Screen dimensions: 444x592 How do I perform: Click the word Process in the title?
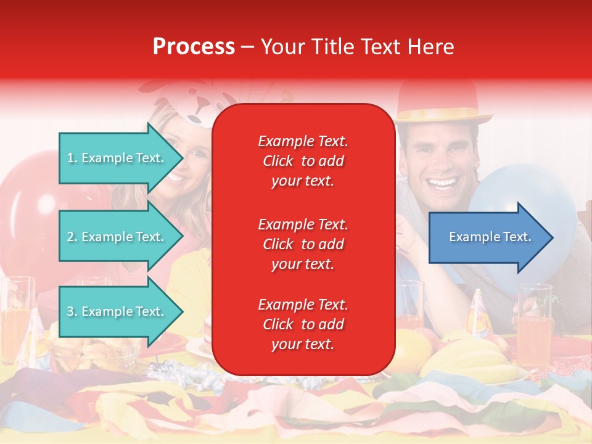coord(194,47)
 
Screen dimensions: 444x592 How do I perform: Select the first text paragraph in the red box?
coord(303,161)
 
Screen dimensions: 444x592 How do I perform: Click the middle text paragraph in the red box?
coord(303,244)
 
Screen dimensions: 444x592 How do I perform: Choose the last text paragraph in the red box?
coord(303,324)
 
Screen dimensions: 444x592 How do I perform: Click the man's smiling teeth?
coord(443,183)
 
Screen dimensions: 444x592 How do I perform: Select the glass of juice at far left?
coord(15,314)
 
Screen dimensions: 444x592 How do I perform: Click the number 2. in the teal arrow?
coord(72,237)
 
